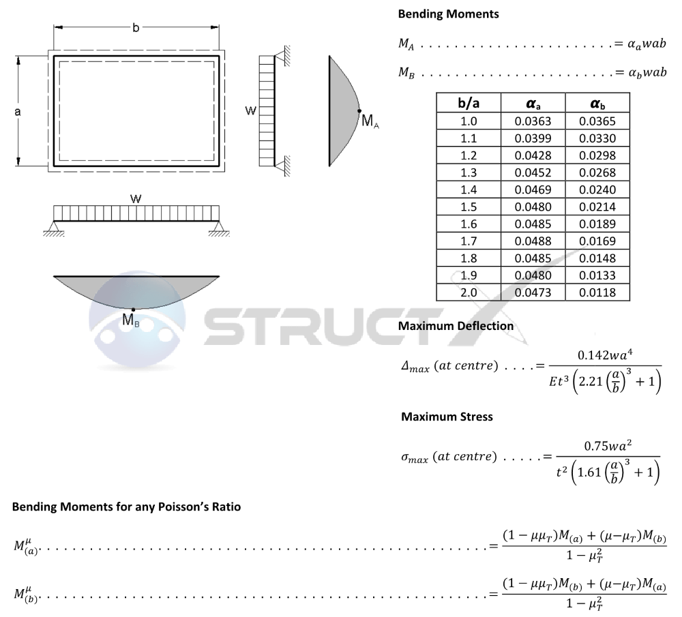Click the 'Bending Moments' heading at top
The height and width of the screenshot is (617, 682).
pos(448,14)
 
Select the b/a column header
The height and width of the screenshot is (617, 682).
pos(469,104)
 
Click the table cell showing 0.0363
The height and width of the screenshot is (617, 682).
pos(533,121)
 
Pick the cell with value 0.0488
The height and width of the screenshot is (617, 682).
pos(533,241)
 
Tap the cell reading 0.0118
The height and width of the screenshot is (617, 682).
pos(597,292)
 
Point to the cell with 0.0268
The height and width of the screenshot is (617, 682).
pos(597,172)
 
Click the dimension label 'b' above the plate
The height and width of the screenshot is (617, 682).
pos(136,28)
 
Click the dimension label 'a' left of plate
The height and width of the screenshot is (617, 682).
pos(18,112)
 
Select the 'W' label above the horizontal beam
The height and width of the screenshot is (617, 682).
pos(136,199)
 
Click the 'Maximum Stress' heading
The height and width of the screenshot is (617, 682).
pos(447,417)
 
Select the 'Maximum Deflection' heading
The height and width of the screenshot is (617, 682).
pos(456,326)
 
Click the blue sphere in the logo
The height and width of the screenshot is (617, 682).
pos(136,320)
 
